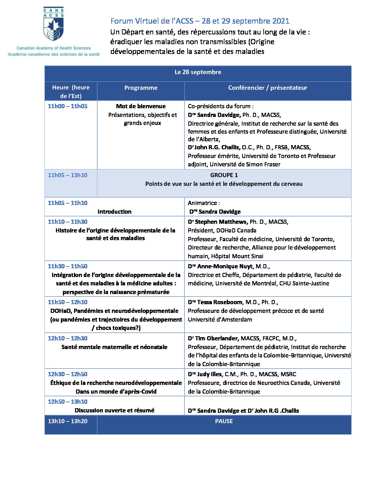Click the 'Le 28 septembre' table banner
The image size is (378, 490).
click(198, 72)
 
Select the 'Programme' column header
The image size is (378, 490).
click(141, 88)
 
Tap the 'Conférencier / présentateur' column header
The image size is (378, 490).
click(268, 88)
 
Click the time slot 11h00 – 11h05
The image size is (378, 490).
click(68, 106)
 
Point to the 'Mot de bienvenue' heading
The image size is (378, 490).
click(141, 106)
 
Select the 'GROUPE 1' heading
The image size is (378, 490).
click(224, 175)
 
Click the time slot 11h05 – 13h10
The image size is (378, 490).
click(68, 175)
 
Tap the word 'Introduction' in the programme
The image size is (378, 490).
click(114, 212)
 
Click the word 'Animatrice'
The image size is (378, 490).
click(203, 203)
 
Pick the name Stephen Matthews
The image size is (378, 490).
click(221, 222)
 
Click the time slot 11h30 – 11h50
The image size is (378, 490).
click(68, 267)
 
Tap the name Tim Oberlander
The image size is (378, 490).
click(216, 338)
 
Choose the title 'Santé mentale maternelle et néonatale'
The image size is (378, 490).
click(114, 347)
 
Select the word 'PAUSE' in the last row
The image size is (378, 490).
click(224, 421)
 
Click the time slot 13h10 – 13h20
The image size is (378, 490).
click(68, 421)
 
